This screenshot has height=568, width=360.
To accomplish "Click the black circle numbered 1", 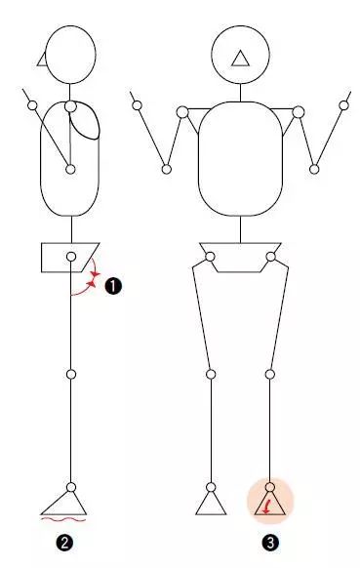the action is (113, 287).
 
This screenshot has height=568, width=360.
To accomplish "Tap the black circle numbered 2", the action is (64, 543).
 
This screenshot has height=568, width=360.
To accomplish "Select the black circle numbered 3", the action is (270, 543).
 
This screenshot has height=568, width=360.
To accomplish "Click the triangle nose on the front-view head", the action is (240, 59).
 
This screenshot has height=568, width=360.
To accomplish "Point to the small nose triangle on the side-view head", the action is (42, 60).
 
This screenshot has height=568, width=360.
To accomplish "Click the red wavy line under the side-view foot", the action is (63, 520).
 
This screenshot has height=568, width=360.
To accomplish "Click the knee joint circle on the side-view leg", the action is (71, 374).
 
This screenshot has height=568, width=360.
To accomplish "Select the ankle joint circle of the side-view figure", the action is (71, 487).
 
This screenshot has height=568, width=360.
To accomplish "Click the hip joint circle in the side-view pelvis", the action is (71, 257).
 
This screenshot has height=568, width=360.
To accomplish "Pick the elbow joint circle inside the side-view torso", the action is (70, 169).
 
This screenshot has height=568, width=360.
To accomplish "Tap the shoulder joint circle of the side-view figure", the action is (70, 106).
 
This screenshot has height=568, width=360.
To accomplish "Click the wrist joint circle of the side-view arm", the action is (32, 105).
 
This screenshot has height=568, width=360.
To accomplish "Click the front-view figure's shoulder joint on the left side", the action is (182, 112).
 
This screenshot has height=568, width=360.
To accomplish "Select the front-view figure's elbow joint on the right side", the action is (314, 169).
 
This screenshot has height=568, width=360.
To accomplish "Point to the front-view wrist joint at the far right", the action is (344, 105).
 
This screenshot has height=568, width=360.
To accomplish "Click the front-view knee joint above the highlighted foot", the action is (270, 374).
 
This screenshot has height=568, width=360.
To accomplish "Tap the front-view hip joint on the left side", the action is (210, 257).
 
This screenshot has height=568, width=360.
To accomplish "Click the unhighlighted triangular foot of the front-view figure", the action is (211, 504).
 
